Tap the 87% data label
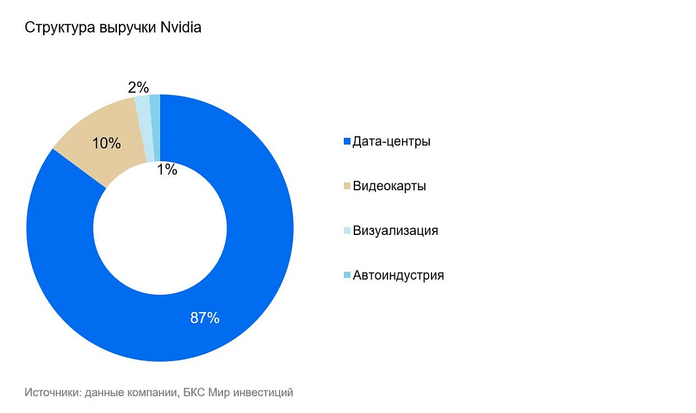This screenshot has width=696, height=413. click(205, 318)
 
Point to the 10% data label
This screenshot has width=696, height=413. click(107, 143)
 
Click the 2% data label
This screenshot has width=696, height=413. click(139, 88)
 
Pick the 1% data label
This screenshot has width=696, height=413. click(167, 170)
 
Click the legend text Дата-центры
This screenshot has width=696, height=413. click(391, 141)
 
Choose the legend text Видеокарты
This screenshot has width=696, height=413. click(389, 186)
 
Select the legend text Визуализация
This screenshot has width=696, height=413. click(395, 230)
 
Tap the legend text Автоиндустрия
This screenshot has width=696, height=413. click(398, 275)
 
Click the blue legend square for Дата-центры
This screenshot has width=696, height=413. click(347, 142)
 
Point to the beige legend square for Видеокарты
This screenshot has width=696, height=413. click(347, 186)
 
